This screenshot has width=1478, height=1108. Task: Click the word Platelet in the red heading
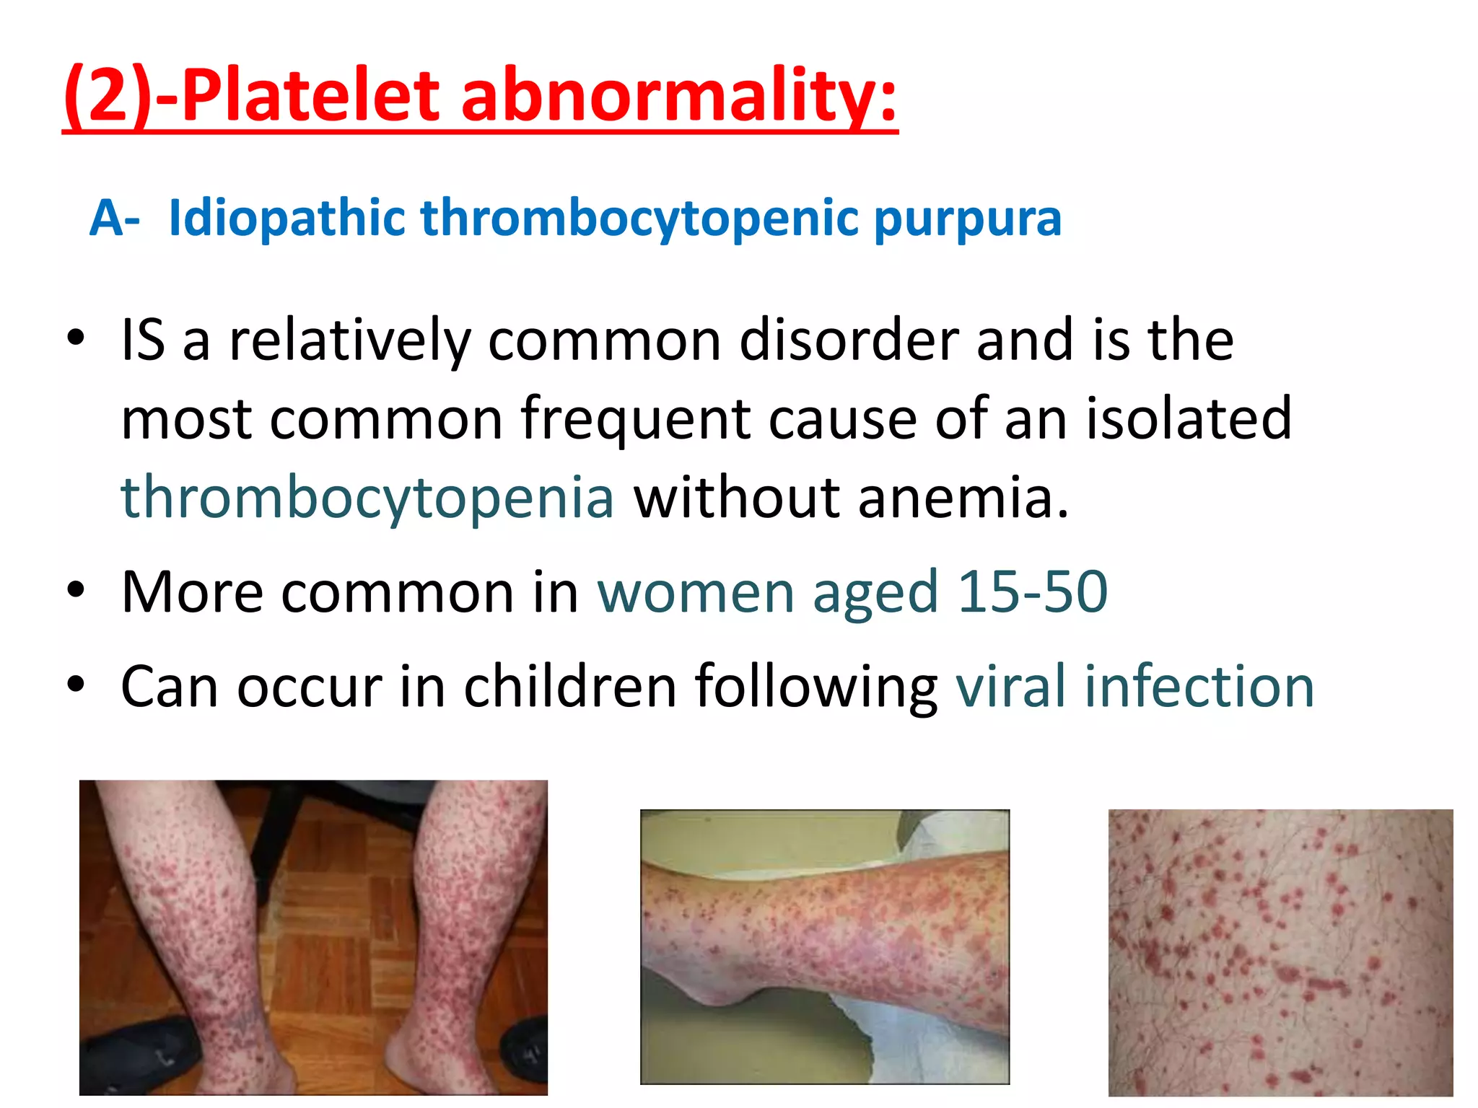pos(310,95)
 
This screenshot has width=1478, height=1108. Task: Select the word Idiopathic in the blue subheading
pos(287,219)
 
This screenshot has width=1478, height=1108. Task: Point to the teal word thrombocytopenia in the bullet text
pos(367,498)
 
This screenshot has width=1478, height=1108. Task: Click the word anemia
pos(963,498)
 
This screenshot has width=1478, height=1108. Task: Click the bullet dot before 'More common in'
pos(76,589)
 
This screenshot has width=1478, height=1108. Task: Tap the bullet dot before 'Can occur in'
pos(76,683)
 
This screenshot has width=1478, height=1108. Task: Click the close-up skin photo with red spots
pos(1280,952)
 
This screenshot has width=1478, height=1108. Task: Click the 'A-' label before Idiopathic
pos(114,219)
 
